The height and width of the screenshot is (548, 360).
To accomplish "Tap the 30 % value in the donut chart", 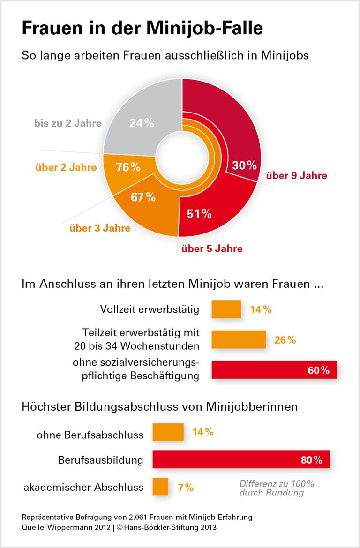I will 245,165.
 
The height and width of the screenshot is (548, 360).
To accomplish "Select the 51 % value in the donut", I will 199,214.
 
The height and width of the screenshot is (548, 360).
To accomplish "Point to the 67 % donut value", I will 143,197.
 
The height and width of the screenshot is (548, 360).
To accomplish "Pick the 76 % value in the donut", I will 128,167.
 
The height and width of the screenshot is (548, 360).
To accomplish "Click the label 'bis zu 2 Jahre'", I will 67,124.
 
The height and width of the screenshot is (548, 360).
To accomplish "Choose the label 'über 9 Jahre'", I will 296,176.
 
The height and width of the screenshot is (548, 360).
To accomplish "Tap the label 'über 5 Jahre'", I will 212,248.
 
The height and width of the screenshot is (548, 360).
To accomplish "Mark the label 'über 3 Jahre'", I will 100,229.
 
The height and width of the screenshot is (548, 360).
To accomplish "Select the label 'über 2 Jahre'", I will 66,167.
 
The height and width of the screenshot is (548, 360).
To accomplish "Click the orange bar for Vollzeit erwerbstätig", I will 226,309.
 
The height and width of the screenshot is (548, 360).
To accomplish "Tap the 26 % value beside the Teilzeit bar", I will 285,340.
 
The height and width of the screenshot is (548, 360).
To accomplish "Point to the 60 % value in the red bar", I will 319,370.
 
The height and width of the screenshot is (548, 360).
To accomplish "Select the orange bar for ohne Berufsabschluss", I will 168,432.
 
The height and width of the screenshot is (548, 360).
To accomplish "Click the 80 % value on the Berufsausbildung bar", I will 311,460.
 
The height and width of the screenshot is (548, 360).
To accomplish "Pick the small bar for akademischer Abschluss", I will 160,487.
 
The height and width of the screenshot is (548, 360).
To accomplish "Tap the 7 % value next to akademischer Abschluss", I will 186,488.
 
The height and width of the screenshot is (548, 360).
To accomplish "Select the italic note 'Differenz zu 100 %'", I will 277,484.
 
